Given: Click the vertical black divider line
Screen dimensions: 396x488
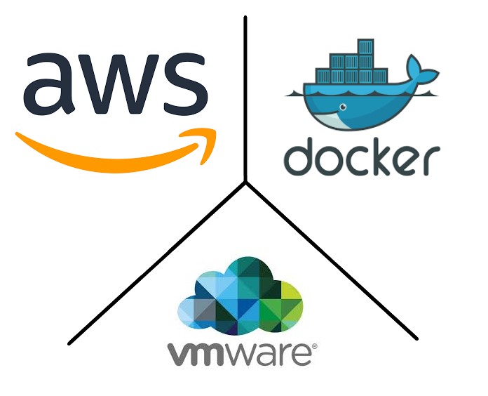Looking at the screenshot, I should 245,98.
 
